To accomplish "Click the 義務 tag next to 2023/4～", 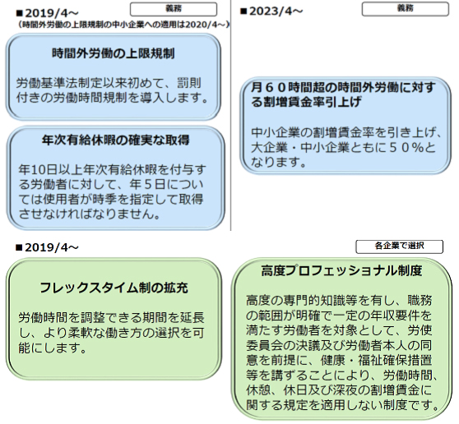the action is (406, 9).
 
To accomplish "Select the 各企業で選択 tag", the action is (399, 247).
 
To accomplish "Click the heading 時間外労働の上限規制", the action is (113, 53).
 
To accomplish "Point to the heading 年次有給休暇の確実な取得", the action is (116, 140).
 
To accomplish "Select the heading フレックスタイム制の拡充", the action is (114, 288).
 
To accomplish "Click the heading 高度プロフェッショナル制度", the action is (341, 271).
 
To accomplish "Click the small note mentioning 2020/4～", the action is (123, 25).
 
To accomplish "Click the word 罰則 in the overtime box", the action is (189, 83).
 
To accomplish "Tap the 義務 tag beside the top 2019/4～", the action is (174, 9).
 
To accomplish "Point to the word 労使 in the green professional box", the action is (420, 330).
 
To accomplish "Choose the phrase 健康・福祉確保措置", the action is (377, 361).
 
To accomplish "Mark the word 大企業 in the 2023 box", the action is (269, 148).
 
